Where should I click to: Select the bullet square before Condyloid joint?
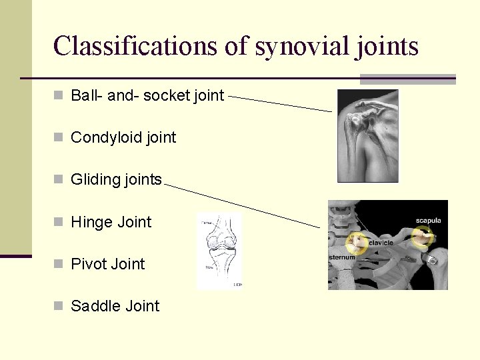click(58, 137)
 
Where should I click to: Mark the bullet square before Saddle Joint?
click(58, 306)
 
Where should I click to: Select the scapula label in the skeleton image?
click(428, 221)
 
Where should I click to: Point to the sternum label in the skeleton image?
click(341, 257)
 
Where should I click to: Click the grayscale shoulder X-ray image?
click(368, 136)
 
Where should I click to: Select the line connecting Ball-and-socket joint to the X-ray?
click(280, 103)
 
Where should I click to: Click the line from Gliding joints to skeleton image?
click(241, 203)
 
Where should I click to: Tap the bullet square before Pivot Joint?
click(58, 264)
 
